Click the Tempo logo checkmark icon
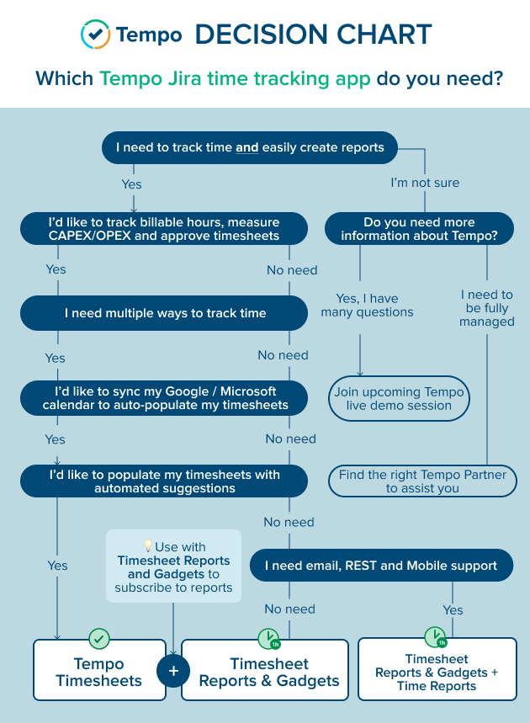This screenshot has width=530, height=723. pyautogui.click(x=95, y=34)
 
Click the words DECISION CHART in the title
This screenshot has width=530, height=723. pyautogui.click(x=313, y=35)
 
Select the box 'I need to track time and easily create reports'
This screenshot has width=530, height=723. pyautogui.click(x=250, y=147)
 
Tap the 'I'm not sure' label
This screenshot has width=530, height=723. pyautogui.click(x=425, y=182)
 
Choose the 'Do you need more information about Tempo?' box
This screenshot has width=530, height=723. pyautogui.click(x=419, y=229)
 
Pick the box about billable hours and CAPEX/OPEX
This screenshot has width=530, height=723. pyautogui.click(x=164, y=229)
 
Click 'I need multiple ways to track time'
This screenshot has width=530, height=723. pyautogui.click(x=164, y=313)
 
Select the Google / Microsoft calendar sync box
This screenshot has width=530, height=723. pyautogui.click(x=164, y=398)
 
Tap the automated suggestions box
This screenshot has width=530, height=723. pyautogui.click(x=164, y=481)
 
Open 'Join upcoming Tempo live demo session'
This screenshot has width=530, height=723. pyautogui.click(x=399, y=398)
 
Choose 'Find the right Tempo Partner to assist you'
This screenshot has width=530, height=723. pyautogui.click(x=422, y=481)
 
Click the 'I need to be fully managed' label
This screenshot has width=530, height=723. pyautogui.click(x=487, y=308)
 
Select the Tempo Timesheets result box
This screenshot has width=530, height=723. pyautogui.click(x=99, y=672)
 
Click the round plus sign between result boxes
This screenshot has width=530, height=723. pyautogui.click(x=173, y=671)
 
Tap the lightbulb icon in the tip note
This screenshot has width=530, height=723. pyautogui.click(x=148, y=546)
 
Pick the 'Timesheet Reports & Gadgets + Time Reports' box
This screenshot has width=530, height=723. pyautogui.click(x=437, y=672)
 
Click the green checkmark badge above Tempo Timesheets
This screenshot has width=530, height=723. pyautogui.click(x=99, y=639)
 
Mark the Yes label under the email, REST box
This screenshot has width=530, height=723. pyautogui.click(x=453, y=609)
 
